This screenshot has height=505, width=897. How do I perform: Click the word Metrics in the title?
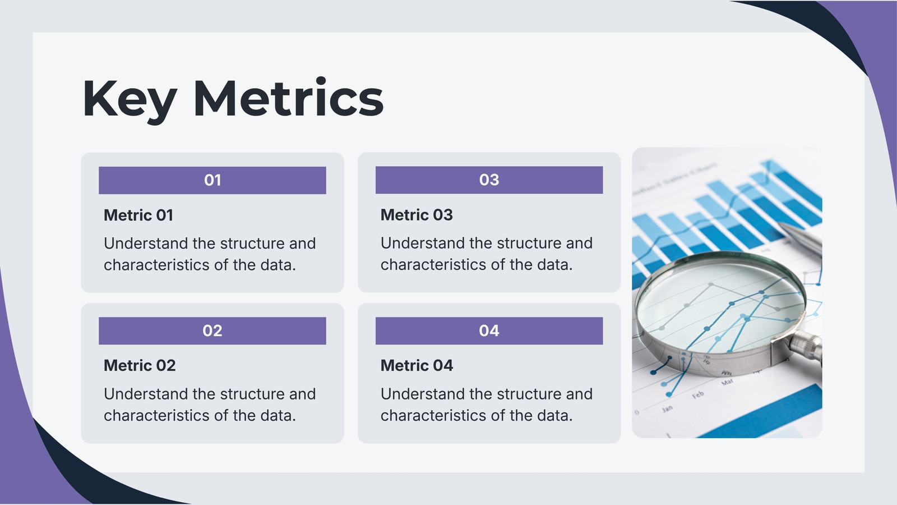tap(288, 98)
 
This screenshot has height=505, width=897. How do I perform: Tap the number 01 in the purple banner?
tap(212, 180)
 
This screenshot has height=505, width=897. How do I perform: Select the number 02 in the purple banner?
tap(212, 330)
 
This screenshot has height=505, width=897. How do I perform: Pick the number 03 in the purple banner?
tap(489, 180)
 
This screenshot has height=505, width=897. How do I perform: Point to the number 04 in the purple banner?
tap(489, 330)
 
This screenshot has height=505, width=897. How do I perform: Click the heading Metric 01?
tap(138, 215)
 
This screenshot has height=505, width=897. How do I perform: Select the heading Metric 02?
tap(140, 365)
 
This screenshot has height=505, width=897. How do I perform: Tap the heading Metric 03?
tap(417, 215)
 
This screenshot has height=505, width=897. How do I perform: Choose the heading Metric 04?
tap(417, 365)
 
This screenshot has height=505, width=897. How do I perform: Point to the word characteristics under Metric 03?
tap(434, 264)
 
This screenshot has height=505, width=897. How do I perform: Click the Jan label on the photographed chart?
tap(667, 409)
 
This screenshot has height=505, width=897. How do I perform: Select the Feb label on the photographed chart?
tap(698, 395)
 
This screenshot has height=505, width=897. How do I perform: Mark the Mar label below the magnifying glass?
tap(727, 382)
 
